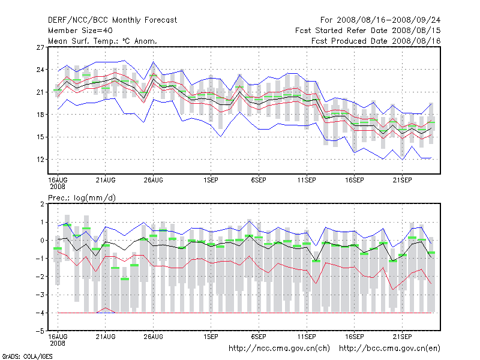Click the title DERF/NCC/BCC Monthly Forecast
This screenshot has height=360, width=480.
coord(112,20)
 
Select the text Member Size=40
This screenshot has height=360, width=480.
coord(80,31)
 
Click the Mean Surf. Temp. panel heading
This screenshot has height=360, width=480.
coord(103,41)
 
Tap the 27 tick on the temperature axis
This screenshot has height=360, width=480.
coord(40,47)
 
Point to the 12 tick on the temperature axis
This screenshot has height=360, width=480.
coord(40,160)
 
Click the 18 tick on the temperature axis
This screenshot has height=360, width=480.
coord(40,115)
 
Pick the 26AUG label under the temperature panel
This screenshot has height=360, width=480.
coord(154,179)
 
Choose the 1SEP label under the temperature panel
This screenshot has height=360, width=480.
coord(211,179)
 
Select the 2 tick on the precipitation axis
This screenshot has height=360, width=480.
coord(41,205)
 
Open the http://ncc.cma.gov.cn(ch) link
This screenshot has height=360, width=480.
coord(280,348)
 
